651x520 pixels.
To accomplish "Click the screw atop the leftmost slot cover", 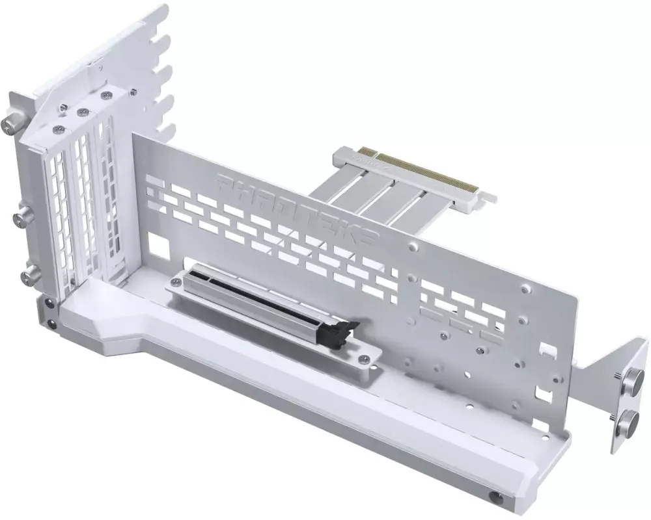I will (60, 129).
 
